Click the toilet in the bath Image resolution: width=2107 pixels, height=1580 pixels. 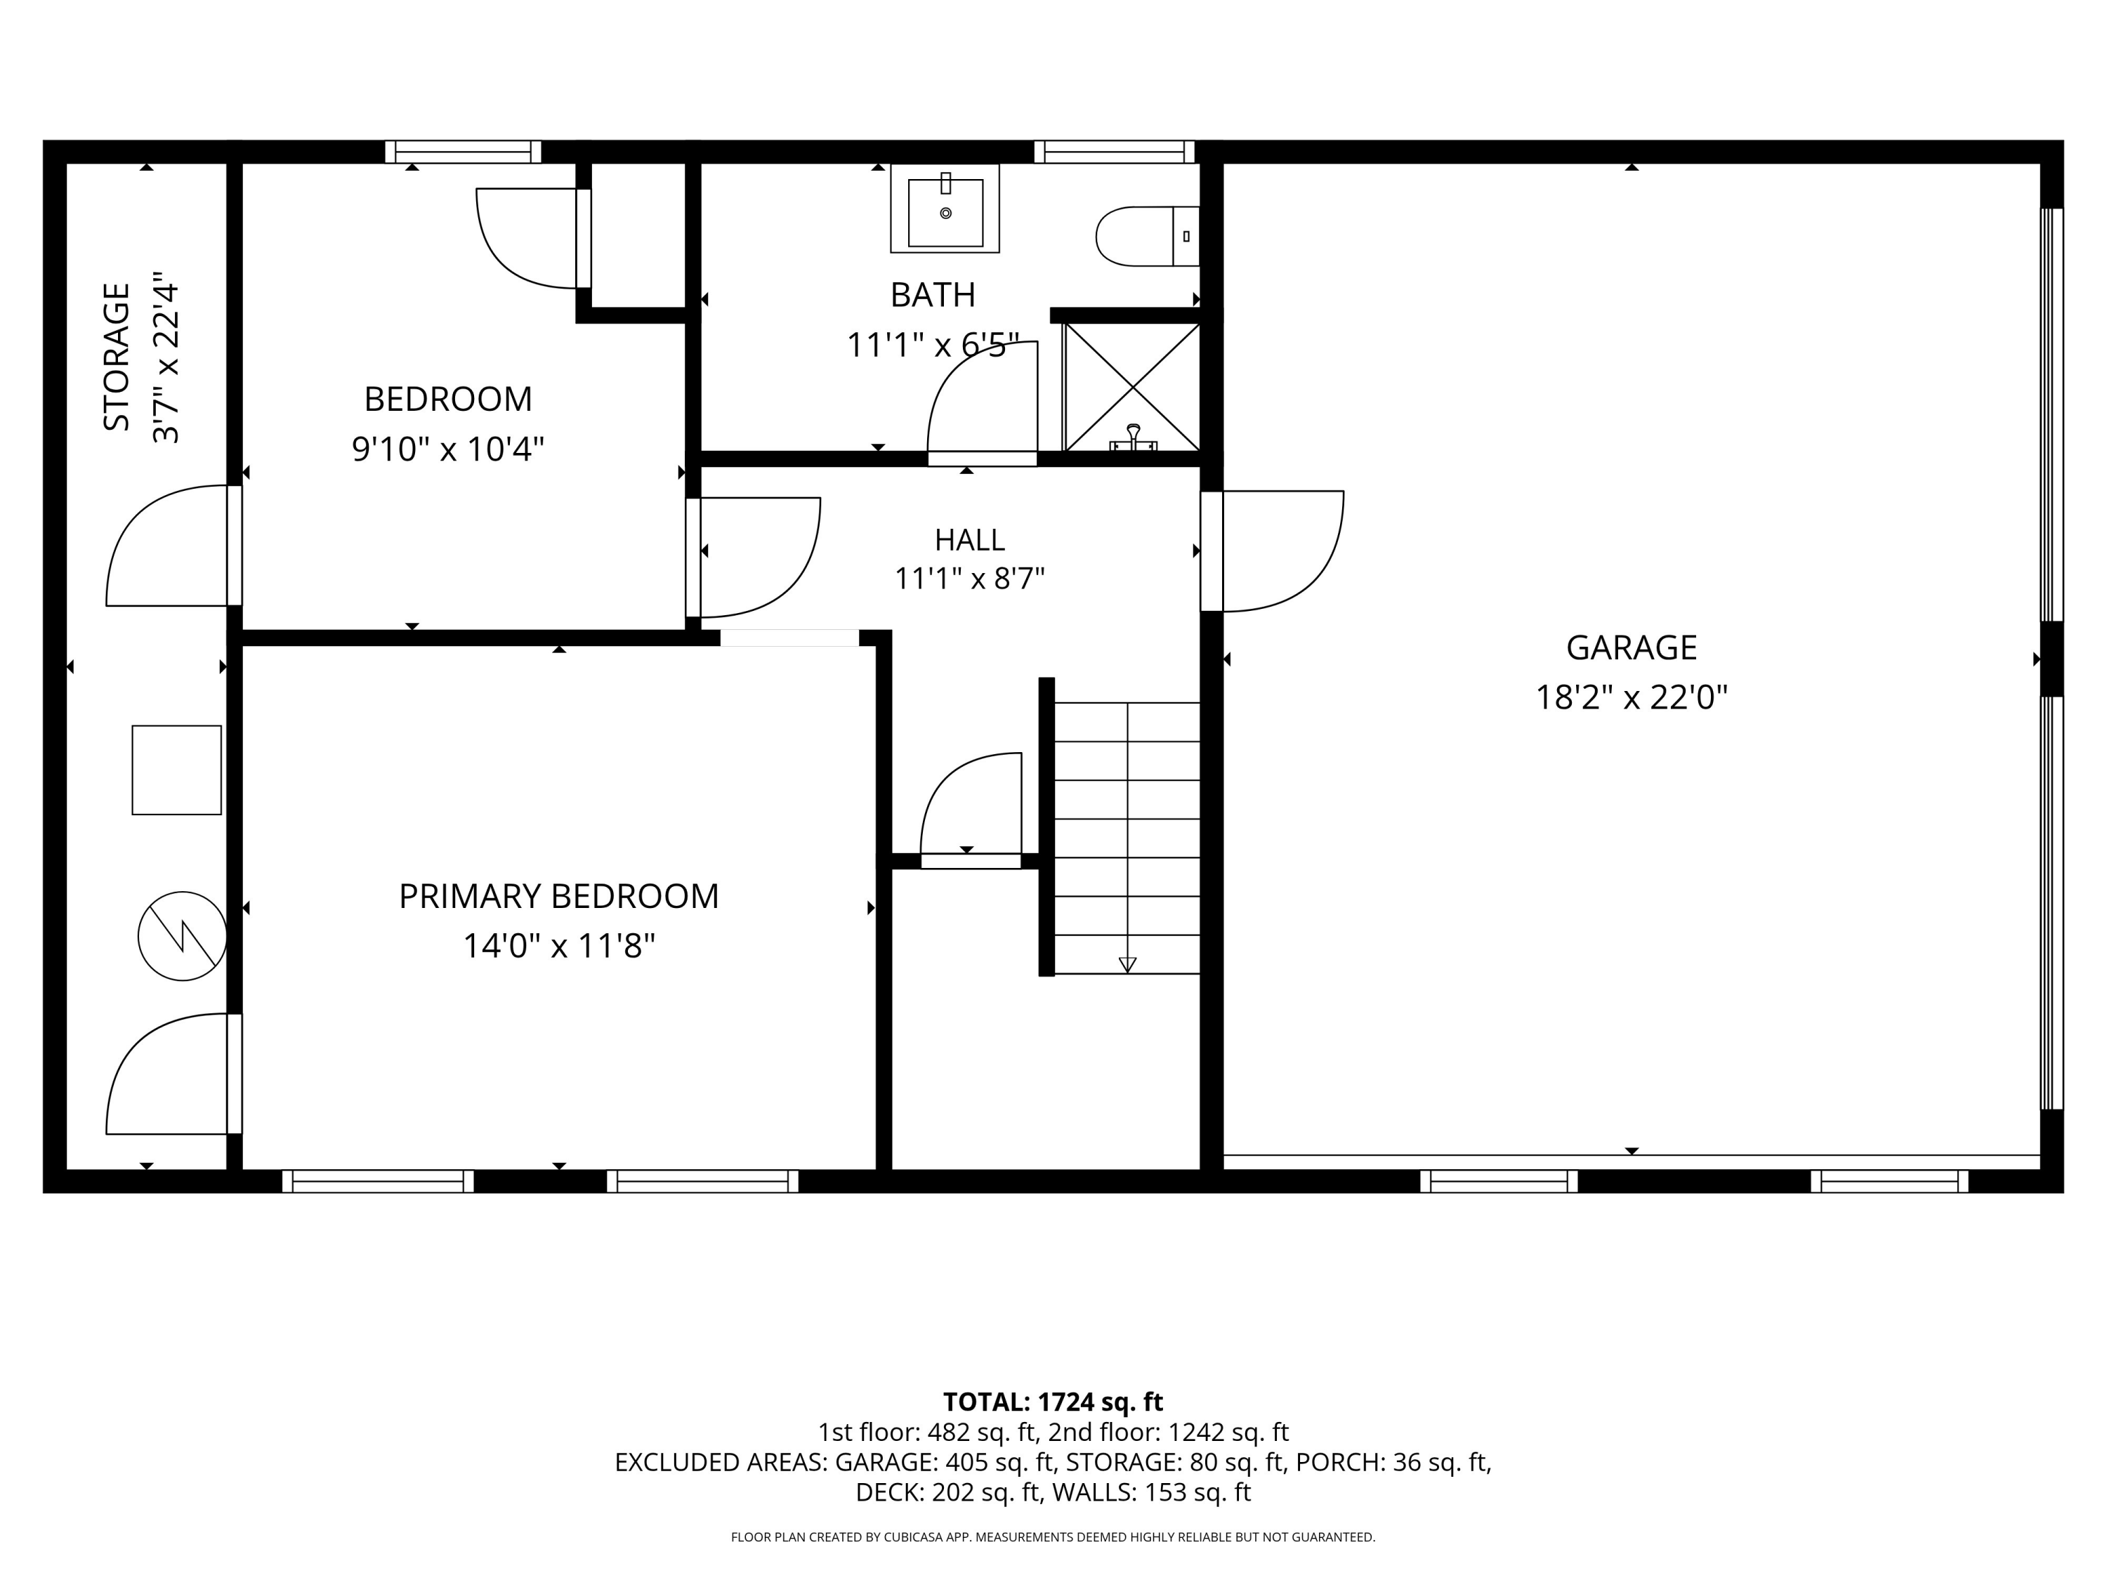(x=1147, y=236)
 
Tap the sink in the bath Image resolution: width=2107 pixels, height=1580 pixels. (x=945, y=209)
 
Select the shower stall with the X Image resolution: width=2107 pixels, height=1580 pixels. (x=1131, y=387)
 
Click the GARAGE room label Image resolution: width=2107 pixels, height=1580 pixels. (x=1631, y=647)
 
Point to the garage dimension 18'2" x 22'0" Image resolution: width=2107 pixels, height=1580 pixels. (x=1631, y=698)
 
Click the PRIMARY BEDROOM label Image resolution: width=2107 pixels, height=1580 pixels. (x=558, y=896)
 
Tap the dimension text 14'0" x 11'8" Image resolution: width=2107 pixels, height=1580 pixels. (x=559, y=946)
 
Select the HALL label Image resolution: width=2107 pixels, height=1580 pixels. (x=970, y=540)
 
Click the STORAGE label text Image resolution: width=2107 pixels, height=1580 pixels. (x=116, y=357)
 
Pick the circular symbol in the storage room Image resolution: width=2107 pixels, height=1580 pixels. (x=182, y=936)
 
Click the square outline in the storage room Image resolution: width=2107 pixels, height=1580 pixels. (x=177, y=770)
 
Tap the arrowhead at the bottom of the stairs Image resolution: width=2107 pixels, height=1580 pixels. (x=1128, y=965)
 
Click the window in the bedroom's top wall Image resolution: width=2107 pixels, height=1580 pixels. (x=463, y=152)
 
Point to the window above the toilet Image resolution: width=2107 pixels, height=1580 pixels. (x=1115, y=152)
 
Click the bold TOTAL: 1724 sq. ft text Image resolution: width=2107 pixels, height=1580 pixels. (x=1053, y=1402)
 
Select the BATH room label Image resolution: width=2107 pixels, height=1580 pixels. (x=933, y=295)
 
